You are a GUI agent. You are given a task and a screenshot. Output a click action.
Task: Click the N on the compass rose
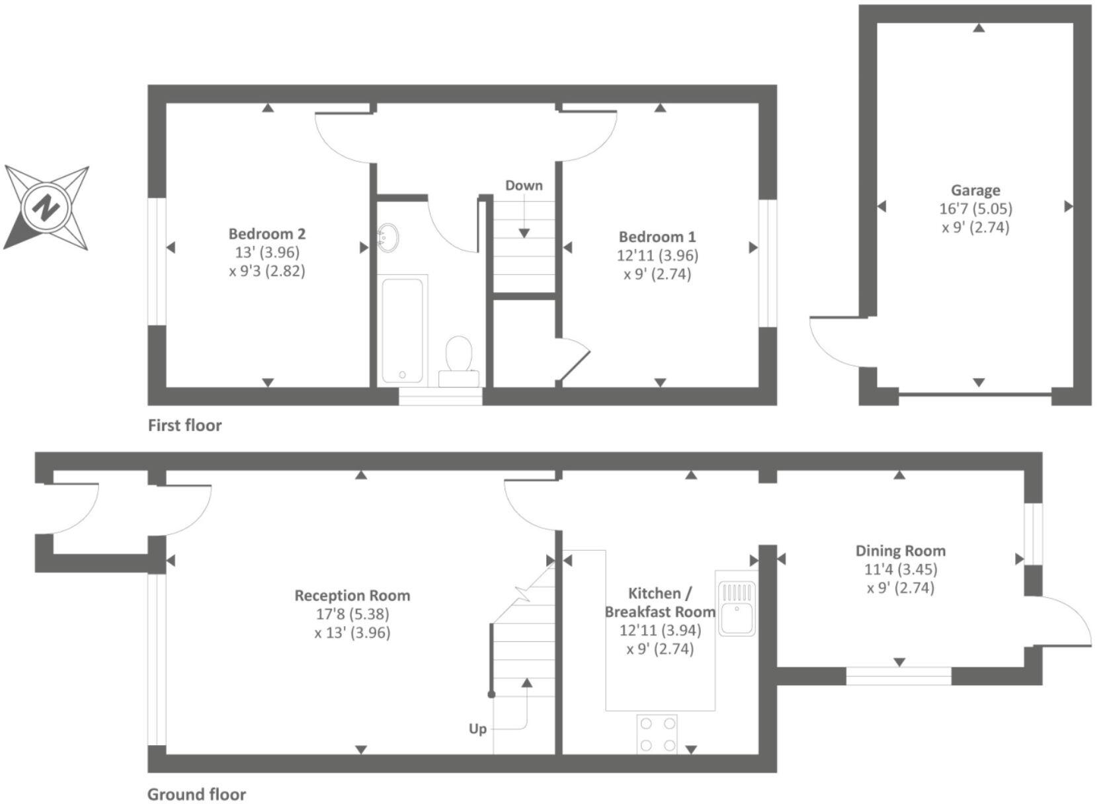(x=46, y=208)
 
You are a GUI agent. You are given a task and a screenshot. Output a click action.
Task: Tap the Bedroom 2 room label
(x=267, y=233)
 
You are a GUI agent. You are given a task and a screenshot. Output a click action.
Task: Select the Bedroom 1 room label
(x=657, y=237)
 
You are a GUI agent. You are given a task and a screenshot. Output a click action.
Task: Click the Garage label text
(x=975, y=190)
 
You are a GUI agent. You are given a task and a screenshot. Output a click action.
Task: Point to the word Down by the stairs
(x=524, y=185)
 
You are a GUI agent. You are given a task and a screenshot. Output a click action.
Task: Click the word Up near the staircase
(x=477, y=729)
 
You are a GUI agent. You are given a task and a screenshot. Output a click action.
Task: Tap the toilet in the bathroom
(x=458, y=355)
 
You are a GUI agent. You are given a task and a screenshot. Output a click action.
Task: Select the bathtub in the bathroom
(x=402, y=329)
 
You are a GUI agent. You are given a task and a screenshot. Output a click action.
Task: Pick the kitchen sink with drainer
(x=737, y=608)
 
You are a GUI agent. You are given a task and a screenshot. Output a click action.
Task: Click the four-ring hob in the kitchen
(x=657, y=734)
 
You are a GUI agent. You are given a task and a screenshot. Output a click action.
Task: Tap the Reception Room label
(x=352, y=595)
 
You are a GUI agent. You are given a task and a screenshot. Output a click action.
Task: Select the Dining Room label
(x=900, y=551)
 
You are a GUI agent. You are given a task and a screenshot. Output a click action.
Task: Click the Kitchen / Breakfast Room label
(x=659, y=602)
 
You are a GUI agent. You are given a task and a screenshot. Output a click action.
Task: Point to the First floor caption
(x=184, y=425)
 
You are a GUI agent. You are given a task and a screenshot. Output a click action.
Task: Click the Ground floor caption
(x=196, y=794)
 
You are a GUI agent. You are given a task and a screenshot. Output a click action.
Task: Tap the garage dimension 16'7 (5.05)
(x=975, y=209)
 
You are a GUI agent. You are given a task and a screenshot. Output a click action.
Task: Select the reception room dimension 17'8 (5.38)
(x=352, y=614)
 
